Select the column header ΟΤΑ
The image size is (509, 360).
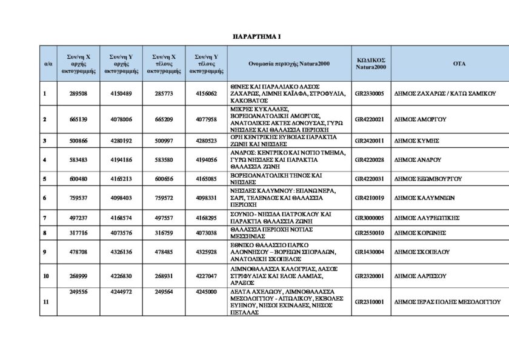(459, 63)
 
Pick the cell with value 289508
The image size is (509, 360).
(79, 93)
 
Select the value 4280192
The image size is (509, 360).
(122, 140)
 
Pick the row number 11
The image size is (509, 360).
(45, 301)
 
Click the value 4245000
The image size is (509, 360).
(207, 292)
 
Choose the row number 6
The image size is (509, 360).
(44, 198)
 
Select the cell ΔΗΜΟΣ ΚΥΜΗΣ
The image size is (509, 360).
(416, 140)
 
